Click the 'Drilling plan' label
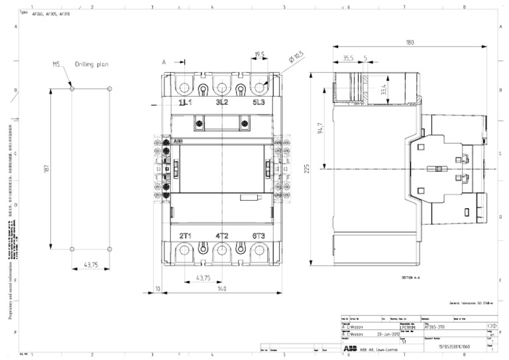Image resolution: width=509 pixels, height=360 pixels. pyautogui.click(x=91, y=64)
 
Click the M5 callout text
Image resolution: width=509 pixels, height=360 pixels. pyautogui.click(x=57, y=64)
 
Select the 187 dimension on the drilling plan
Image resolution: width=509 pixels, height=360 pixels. pyautogui.click(x=47, y=169)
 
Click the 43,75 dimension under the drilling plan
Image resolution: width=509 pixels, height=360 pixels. pyautogui.click(x=91, y=265)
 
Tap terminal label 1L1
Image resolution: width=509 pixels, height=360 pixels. pyautogui.click(x=185, y=103)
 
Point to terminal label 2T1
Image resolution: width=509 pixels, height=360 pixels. pyautogui.click(x=185, y=236)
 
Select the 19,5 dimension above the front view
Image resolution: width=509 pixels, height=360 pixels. pyautogui.click(x=259, y=55)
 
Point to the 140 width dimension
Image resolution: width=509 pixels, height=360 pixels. pyautogui.click(x=222, y=289)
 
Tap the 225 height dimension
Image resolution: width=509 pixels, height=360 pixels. pyautogui.click(x=308, y=170)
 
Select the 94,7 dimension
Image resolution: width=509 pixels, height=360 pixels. pyautogui.click(x=320, y=127)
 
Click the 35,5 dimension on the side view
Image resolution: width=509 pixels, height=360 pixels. pyautogui.click(x=347, y=58)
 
